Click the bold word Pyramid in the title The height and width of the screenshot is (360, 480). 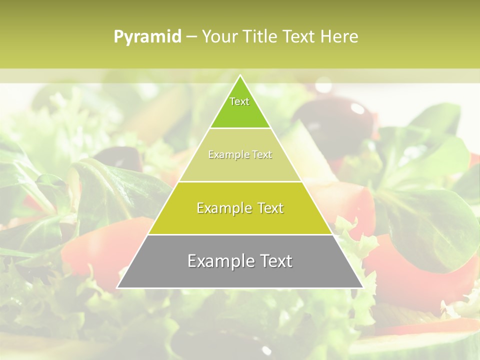point(147,37)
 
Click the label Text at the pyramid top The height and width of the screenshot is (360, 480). point(239,101)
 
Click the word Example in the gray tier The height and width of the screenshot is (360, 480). point(218,261)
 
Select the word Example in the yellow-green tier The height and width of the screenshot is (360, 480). point(223,208)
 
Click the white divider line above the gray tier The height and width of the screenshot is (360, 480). point(240,234)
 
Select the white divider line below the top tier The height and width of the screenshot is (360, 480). point(240,128)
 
